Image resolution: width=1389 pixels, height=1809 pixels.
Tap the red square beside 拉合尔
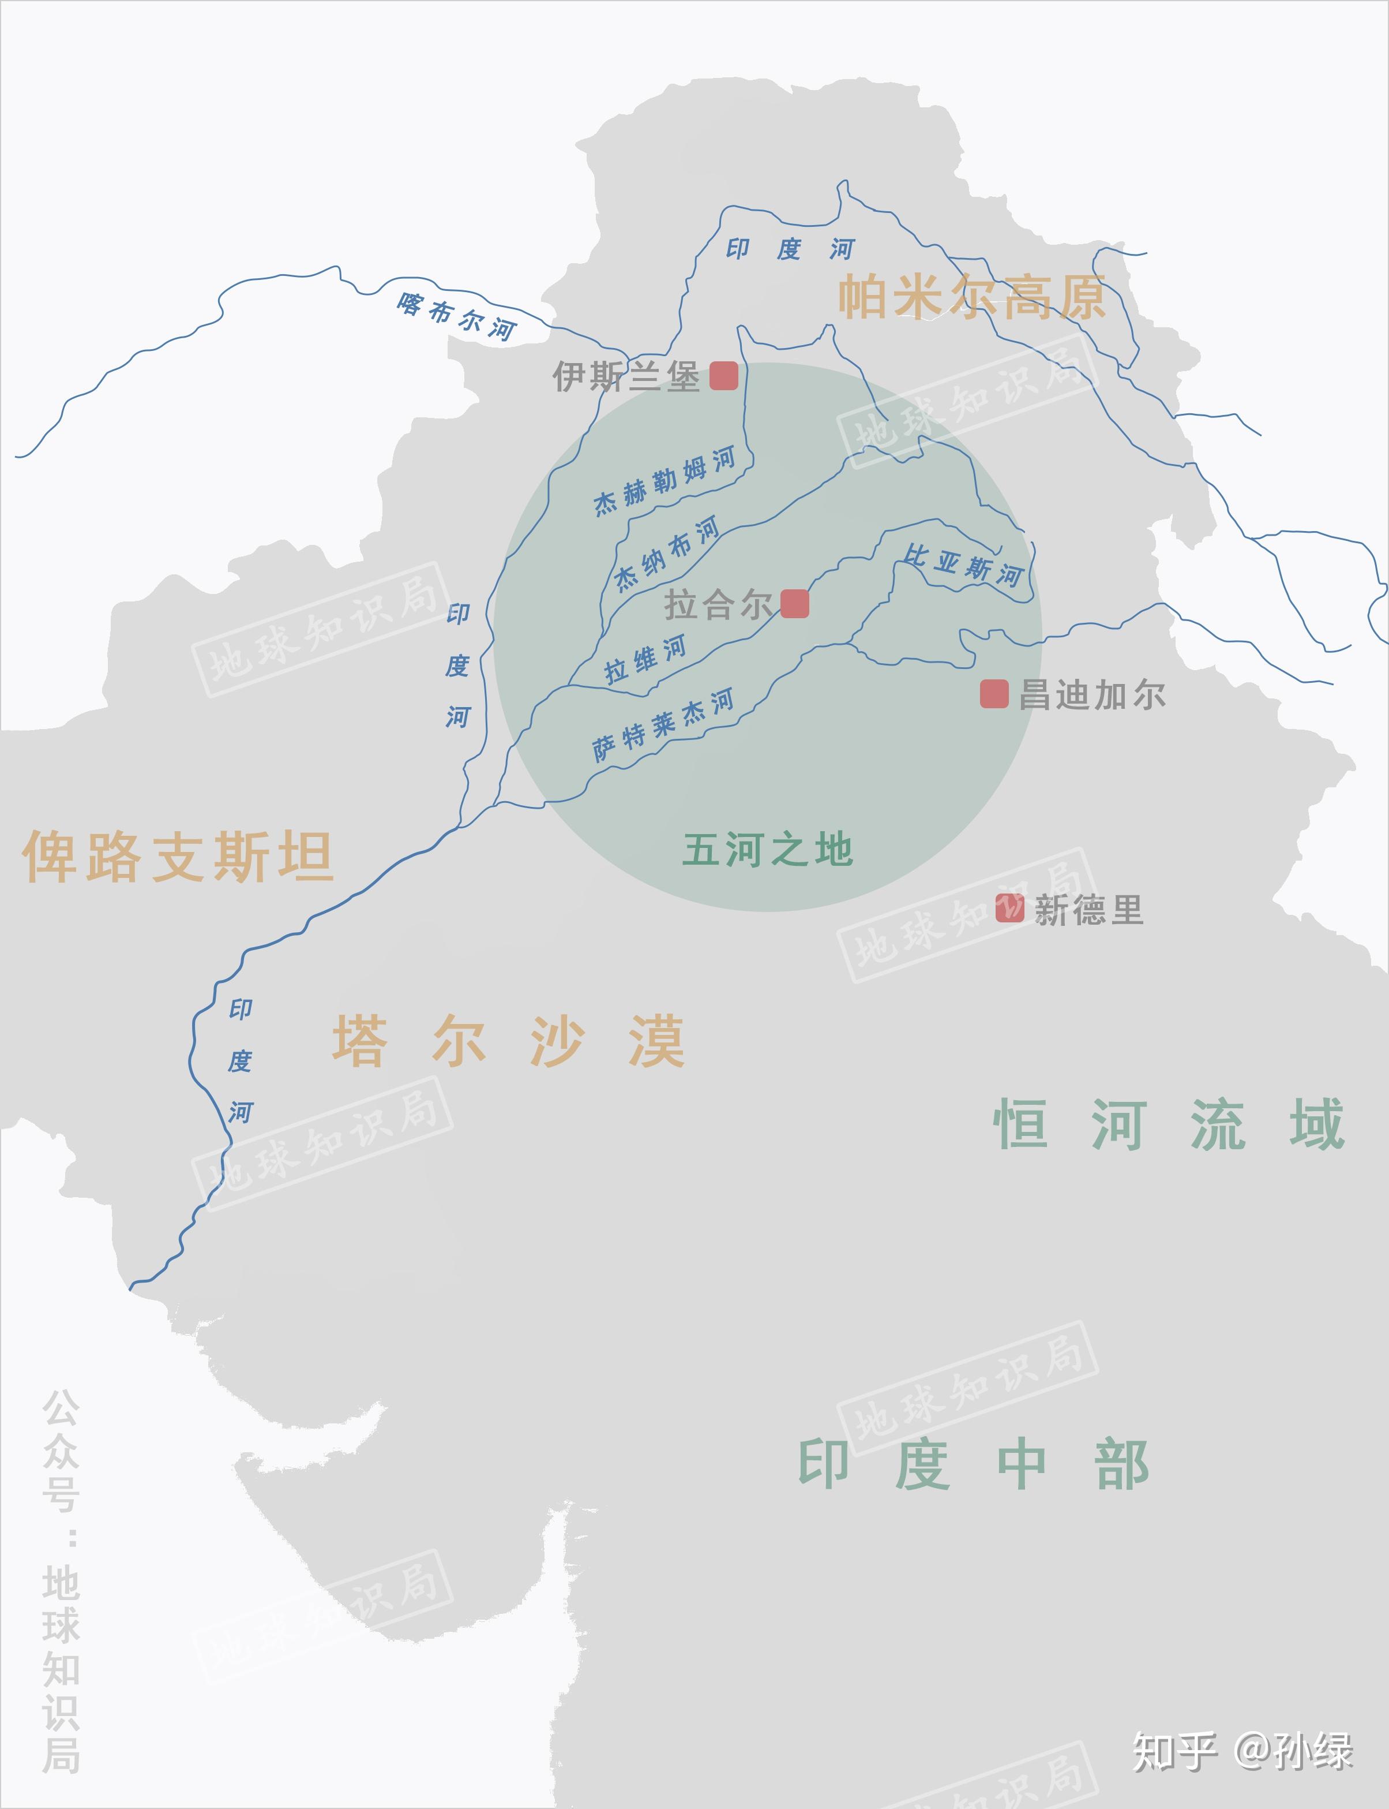click(794, 604)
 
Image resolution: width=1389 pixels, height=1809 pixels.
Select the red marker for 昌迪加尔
click(994, 694)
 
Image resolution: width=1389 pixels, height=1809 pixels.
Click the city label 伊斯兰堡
click(626, 377)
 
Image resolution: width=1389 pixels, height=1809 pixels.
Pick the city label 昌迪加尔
click(1091, 695)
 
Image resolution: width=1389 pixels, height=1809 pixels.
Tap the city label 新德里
click(1088, 911)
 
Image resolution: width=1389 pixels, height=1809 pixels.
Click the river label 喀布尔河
click(456, 316)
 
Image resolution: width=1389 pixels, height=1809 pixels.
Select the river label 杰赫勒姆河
click(665, 481)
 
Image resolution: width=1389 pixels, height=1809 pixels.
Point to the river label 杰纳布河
click(666, 554)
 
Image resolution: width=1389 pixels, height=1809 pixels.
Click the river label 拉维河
click(645, 659)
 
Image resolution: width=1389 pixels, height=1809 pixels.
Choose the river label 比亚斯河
click(963, 566)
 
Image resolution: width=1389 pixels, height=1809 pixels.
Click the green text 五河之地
click(767, 850)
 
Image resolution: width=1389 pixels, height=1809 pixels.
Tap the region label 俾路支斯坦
click(178, 856)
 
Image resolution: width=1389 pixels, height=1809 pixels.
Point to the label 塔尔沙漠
click(509, 1041)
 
